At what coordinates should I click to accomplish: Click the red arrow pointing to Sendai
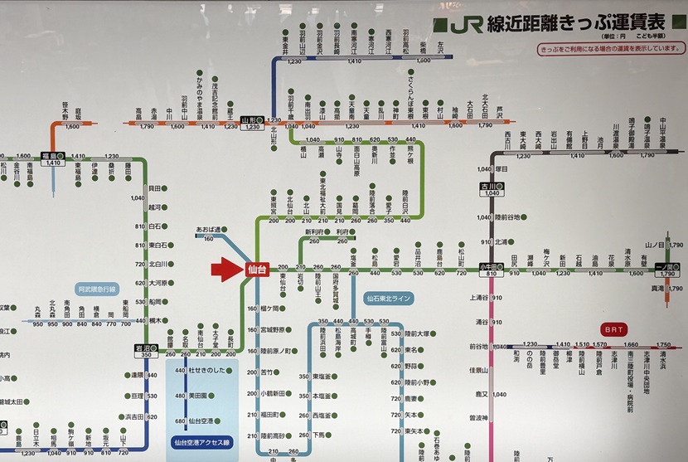pos(225,268)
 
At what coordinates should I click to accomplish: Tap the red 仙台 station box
pos(256,269)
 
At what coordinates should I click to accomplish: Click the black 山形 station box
pos(251,121)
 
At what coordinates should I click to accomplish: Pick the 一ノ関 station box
pos(667,267)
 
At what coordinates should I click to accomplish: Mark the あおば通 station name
pos(207,227)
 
